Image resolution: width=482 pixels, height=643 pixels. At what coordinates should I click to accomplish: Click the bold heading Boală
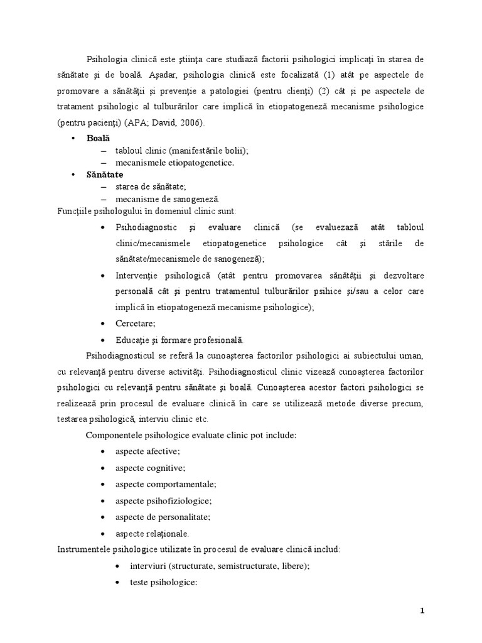97,138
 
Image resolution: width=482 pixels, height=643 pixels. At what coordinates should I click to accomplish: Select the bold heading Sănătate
105,175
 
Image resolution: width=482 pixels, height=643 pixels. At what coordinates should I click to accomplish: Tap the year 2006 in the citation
193,122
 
